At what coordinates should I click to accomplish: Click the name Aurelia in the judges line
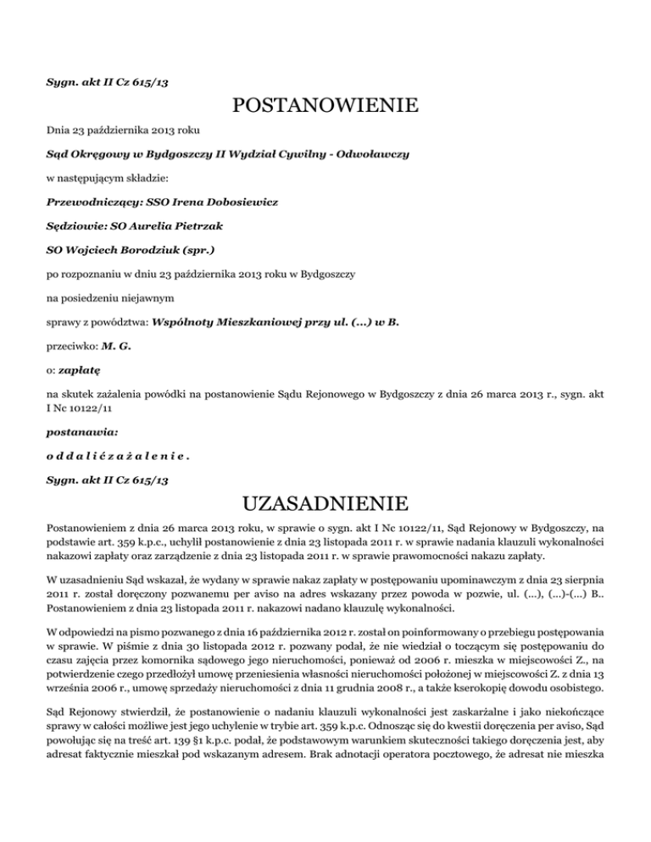click(175, 228)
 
